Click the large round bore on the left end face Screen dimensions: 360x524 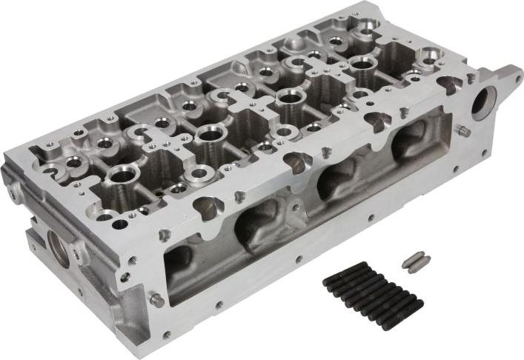click(59, 247)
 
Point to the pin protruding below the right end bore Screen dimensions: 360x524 click(464, 131)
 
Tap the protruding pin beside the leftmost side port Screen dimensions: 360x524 click(156, 300)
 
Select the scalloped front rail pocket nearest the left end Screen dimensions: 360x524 click(208, 207)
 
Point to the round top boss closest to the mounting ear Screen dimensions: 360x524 click(430, 55)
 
